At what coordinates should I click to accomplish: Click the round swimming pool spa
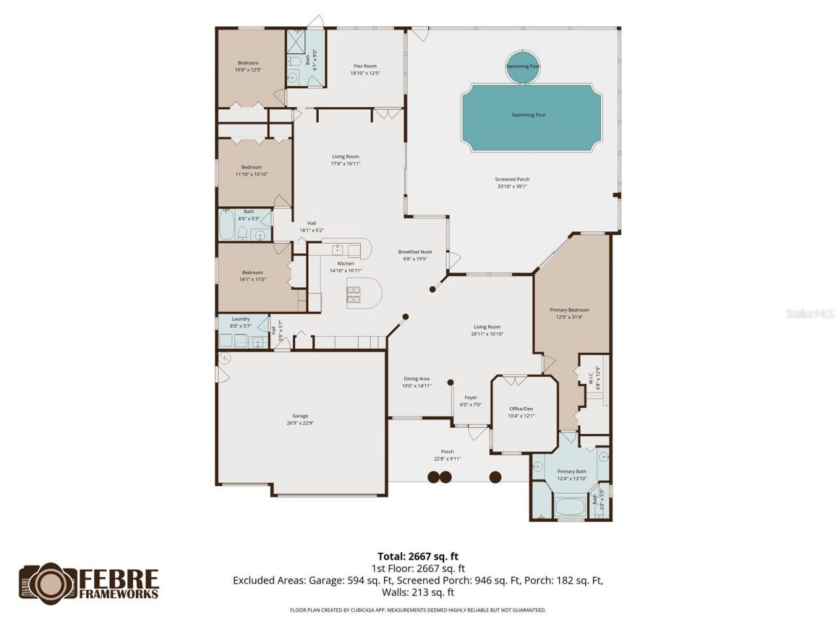coord(522,67)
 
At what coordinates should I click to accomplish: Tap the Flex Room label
coord(365,66)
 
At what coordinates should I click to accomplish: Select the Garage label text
coord(300,416)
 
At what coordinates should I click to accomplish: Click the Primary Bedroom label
coord(569,310)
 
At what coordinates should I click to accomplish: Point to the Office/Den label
coord(521,409)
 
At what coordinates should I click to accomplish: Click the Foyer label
coord(470,398)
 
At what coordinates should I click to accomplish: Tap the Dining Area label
coord(416,379)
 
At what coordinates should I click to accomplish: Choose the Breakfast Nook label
coord(415,252)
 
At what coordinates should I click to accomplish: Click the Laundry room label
coord(240,319)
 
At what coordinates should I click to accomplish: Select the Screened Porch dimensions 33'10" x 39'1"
coord(512,186)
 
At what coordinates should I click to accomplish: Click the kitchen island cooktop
coord(353,295)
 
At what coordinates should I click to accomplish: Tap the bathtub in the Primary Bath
coord(571,507)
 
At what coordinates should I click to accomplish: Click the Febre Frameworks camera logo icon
coord(48,583)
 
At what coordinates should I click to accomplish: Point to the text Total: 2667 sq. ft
coord(418,556)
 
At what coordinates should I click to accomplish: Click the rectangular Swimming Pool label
coord(528,115)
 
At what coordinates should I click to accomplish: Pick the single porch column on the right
coord(496,477)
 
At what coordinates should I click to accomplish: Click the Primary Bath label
coord(571,472)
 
